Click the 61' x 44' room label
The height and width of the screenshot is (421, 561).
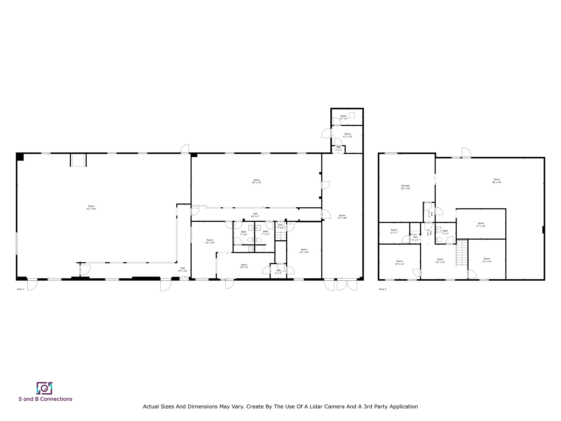[x=91, y=208]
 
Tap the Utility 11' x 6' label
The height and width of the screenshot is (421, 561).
[x=343, y=117]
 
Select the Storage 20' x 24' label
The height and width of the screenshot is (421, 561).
[x=405, y=187]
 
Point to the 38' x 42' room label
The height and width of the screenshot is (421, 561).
[x=497, y=181]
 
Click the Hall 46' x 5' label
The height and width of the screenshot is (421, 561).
[x=255, y=215]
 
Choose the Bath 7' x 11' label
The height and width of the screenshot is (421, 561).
[x=266, y=233]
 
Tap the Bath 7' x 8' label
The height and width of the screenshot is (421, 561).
[x=243, y=233]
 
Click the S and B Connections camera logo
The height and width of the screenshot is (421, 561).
[x=44, y=388]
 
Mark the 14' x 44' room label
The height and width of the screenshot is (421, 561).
[x=342, y=217]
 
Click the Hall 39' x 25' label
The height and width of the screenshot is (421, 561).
[x=183, y=270]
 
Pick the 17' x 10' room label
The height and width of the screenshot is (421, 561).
[x=481, y=225]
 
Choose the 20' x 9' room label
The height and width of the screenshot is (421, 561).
[x=244, y=266]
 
